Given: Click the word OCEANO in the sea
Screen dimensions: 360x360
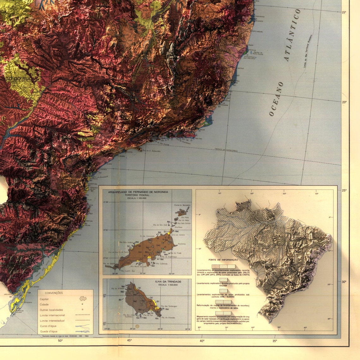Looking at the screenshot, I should (x=276, y=99).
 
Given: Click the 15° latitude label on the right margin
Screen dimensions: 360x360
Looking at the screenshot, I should (x=344, y=12).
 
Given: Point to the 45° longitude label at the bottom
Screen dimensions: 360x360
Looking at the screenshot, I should (x=129, y=340).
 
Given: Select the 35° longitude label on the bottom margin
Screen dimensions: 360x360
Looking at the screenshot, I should (x=275, y=340).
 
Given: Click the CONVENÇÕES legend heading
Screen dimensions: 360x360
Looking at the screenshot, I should (x=54, y=293).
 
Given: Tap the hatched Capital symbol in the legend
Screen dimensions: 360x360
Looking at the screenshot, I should (x=83, y=298).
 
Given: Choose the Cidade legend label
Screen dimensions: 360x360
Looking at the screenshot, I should (x=44, y=304).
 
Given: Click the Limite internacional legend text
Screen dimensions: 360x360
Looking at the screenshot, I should (x=52, y=315).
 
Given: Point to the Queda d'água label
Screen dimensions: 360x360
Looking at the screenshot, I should (x=49, y=331).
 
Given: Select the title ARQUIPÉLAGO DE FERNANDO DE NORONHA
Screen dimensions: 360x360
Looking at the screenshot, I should (x=138, y=192).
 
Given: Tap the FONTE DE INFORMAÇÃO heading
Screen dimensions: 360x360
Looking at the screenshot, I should (x=223, y=260).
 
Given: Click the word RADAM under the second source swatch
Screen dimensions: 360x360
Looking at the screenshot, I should (x=223, y=286).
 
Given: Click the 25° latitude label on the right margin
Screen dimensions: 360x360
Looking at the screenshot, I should (x=344, y=190).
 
